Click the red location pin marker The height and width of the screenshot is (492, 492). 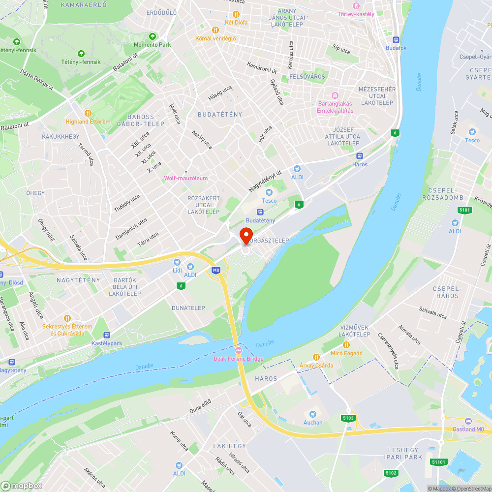coord(246,235)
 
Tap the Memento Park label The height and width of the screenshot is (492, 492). coord(153,45)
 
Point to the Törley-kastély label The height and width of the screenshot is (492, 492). coord(356,14)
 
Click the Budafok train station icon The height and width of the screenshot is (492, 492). coord(396,39)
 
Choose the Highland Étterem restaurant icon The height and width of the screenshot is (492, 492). coord(88,113)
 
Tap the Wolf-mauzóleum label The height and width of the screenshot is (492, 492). coord(186,179)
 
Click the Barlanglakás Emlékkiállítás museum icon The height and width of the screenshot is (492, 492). coord(335,95)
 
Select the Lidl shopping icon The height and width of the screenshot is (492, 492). coord(177,262)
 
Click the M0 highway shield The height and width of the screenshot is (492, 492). coord(215,270)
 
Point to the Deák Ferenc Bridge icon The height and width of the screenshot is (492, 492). coord(239,350)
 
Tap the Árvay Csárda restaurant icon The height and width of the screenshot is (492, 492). coord(316,357)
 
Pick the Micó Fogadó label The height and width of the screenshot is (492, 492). coord(347,354)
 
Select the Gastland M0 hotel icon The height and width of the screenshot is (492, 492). coord(468,421)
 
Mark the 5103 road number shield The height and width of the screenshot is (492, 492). coord(348,418)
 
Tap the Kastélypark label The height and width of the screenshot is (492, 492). coord(106,342)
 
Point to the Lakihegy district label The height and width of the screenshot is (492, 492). coord(229,446)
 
